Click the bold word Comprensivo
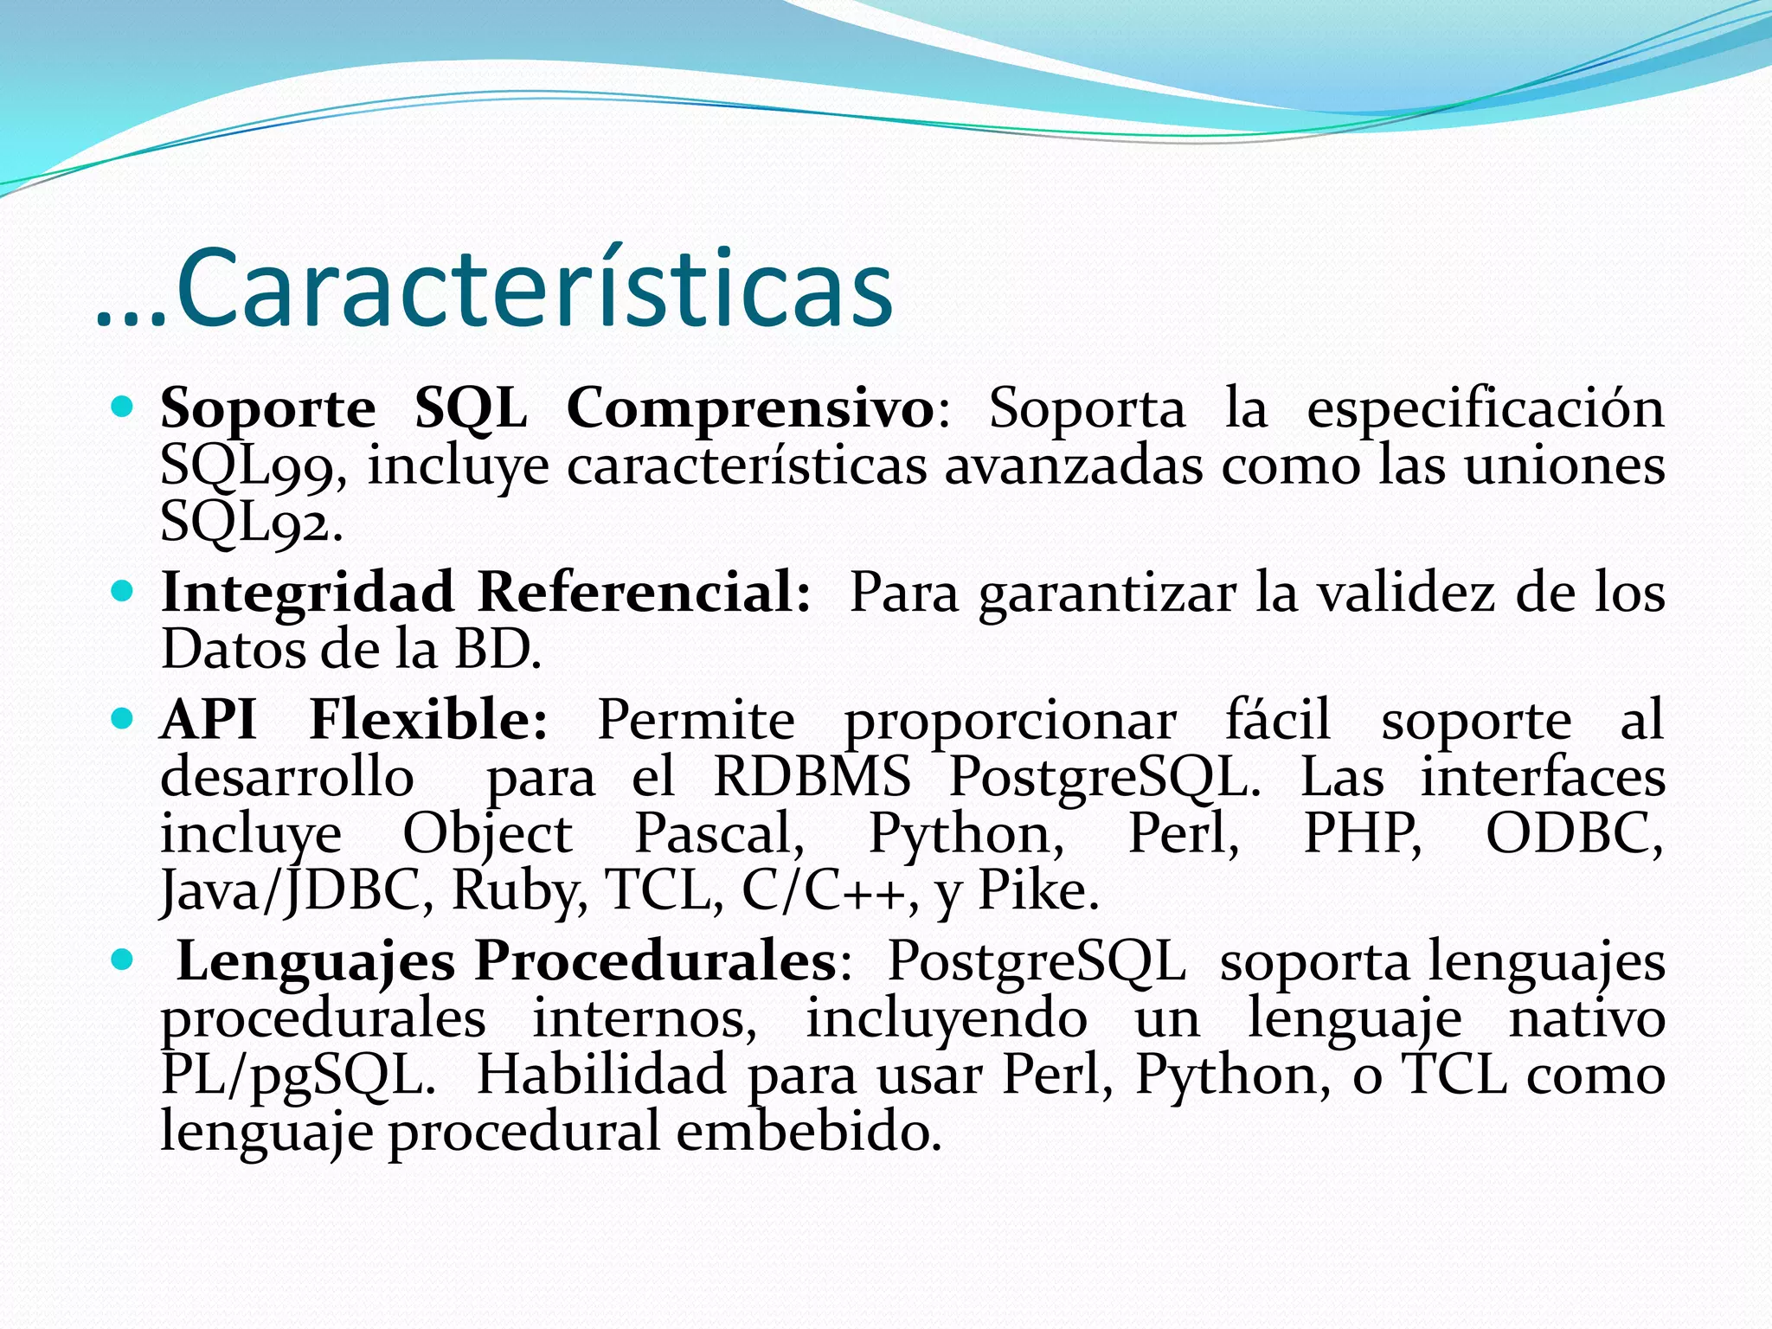(750, 408)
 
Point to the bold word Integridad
(307, 594)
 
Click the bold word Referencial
(644, 593)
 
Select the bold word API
(209, 719)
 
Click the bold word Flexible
(428, 719)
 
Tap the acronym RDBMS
(812, 776)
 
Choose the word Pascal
(718, 834)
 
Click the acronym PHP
(1362, 833)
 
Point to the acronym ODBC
(1574, 833)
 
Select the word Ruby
(520, 891)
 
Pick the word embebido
(808, 1132)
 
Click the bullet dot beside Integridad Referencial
(123, 592)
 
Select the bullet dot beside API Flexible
(123, 718)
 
